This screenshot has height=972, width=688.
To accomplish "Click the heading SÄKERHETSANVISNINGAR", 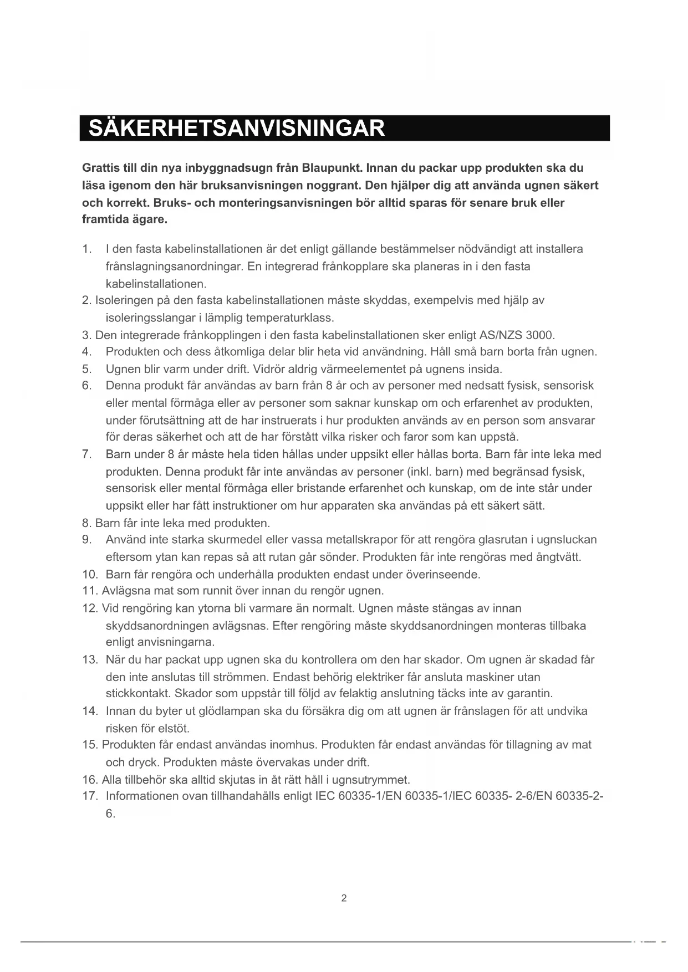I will pyautogui.click(x=237, y=128).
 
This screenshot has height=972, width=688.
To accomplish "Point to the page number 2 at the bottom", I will pyautogui.click(x=344, y=898).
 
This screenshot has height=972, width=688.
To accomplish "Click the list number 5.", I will pyautogui.click(x=86, y=369).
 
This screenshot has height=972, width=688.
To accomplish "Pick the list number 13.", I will pyautogui.click(x=90, y=660).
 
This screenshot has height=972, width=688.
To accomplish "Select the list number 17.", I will pyautogui.click(x=90, y=796).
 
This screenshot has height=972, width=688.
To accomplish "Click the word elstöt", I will pyautogui.click(x=174, y=728).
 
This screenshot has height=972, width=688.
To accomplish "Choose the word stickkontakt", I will pyautogui.click(x=138, y=694).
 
